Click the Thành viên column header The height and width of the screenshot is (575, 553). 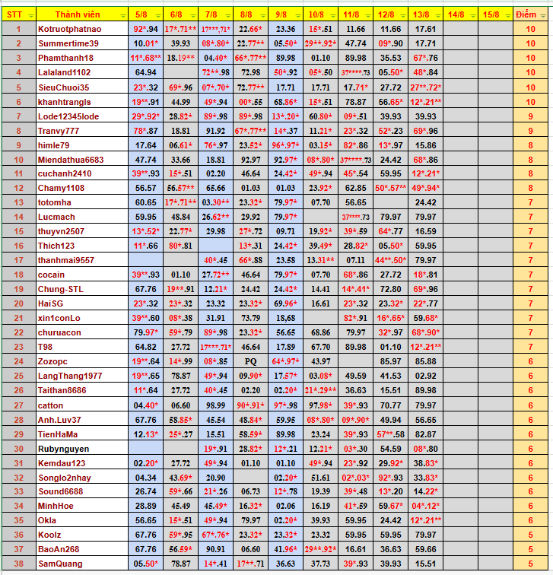[79, 14]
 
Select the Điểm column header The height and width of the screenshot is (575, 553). [525, 14]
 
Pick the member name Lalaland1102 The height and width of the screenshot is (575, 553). [64, 72]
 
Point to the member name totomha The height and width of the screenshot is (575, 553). [54, 202]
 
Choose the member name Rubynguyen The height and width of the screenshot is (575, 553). [63, 448]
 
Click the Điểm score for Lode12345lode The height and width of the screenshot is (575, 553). [525, 116]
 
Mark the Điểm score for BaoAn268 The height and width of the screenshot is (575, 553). [525, 549]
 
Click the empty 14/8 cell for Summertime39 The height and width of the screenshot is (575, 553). [456, 43]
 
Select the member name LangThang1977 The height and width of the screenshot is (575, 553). [69, 376]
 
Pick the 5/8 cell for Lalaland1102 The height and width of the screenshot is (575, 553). [145, 72]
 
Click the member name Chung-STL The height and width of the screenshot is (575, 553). [60, 289]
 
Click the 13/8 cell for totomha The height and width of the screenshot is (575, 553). [425, 202]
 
